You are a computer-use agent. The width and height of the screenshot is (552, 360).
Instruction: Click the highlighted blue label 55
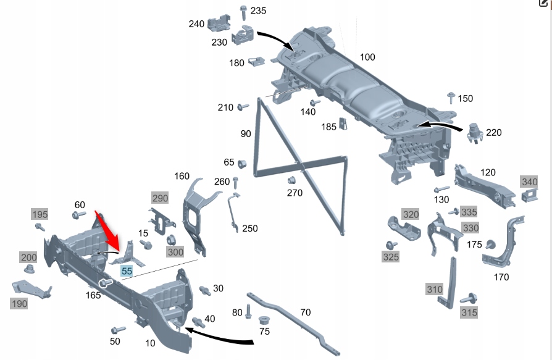point(127,271)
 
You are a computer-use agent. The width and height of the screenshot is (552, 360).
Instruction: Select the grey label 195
point(40,214)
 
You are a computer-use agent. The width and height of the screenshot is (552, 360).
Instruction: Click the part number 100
point(367,57)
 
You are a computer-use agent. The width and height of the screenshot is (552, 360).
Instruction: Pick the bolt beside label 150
point(450,97)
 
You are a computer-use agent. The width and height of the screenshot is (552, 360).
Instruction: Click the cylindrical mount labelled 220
point(474,133)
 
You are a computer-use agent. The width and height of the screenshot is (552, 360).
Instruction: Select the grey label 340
point(529,182)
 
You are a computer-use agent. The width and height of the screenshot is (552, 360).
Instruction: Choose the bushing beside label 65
point(242,162)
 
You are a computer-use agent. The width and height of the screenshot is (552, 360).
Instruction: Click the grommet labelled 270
point(292,181)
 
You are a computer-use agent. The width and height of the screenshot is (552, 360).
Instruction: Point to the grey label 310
point(434,288)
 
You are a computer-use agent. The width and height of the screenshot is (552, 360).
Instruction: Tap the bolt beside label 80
point(248,311)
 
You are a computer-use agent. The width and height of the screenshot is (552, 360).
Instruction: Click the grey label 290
point(160,198)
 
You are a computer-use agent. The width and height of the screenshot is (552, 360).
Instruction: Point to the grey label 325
point(391,257)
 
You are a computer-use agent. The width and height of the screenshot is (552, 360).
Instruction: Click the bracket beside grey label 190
point(30,288)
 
